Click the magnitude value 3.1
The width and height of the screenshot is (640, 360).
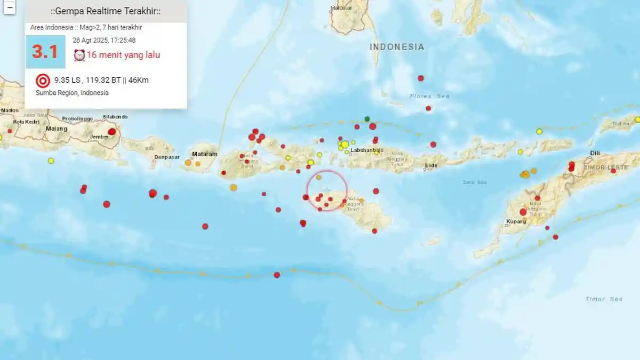click(x=45, y=52)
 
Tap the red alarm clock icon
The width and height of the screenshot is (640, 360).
click(x=79, y=55)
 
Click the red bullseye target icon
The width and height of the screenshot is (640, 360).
click(x=43, y=81)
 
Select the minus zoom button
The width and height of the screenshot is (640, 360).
click(x=10, y=7)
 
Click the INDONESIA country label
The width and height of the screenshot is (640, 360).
click(x=397, y=47)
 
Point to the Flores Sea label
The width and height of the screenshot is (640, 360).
click(x=429, y=96)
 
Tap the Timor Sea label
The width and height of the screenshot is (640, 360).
click(x=604, y=299)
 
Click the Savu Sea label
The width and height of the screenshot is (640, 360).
click(x=475, y=182)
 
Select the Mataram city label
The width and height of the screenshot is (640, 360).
click(x=205, y=154)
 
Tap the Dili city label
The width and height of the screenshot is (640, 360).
click(x=595, y=153)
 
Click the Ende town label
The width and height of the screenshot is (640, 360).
click(x=431, y=165)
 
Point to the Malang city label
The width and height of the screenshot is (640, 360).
click(x=57, y=129)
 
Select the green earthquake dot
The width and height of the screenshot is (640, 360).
click(x=367, y=118)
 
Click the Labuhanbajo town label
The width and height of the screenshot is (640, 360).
click(x=367, y=150)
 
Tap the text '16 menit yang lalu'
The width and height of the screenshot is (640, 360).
click(x=123, y=55)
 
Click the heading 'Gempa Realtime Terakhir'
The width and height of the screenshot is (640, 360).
click(x=106, y=11)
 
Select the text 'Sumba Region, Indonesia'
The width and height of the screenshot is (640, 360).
click(x=72, y=93)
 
